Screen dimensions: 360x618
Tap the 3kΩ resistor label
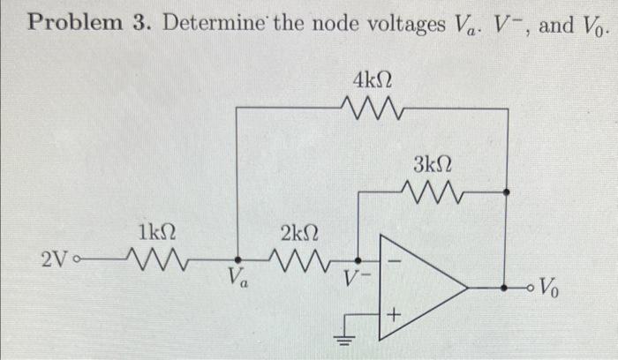433,163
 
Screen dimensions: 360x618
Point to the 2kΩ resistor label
299,234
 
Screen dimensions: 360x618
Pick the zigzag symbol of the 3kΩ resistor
432,190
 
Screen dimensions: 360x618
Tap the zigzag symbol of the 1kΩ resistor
155,260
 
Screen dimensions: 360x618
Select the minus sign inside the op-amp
396,262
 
